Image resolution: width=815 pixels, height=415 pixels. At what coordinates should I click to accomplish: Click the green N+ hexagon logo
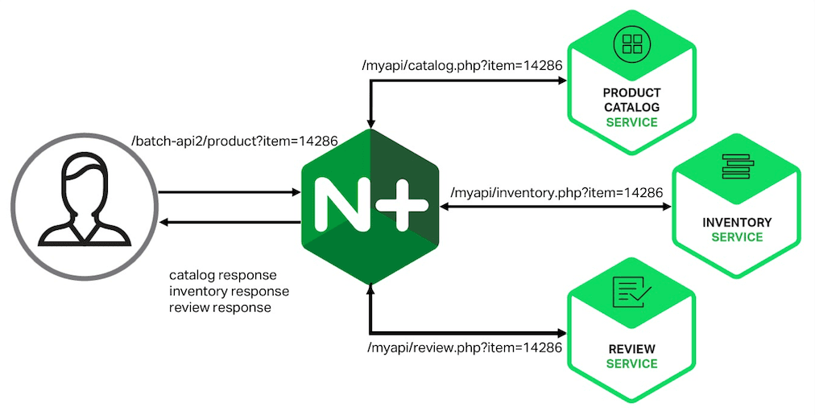coord(370,207)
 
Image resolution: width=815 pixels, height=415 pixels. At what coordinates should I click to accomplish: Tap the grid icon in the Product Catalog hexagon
coord(631,44)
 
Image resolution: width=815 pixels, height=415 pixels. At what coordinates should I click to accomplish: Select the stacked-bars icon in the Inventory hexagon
coord(736,170)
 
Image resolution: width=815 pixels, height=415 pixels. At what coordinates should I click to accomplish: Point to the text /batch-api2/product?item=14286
coord(234,142)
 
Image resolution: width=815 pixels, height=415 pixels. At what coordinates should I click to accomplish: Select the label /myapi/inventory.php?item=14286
coord(556,193)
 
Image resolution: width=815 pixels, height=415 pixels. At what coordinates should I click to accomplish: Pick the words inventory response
coord(229,290)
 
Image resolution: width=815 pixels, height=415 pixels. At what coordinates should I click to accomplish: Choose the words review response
coord(220,307)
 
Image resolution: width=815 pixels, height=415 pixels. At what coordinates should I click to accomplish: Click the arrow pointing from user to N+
coord(230,192)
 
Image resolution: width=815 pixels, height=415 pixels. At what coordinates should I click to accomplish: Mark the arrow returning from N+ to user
coord(230,221)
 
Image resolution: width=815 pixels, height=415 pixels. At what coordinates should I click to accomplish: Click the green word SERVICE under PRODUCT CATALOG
coord(631,122)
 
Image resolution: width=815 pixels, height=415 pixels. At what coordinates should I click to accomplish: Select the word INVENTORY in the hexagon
coord(736,222)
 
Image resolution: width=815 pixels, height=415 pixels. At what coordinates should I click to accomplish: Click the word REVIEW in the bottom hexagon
coord(631,349)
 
